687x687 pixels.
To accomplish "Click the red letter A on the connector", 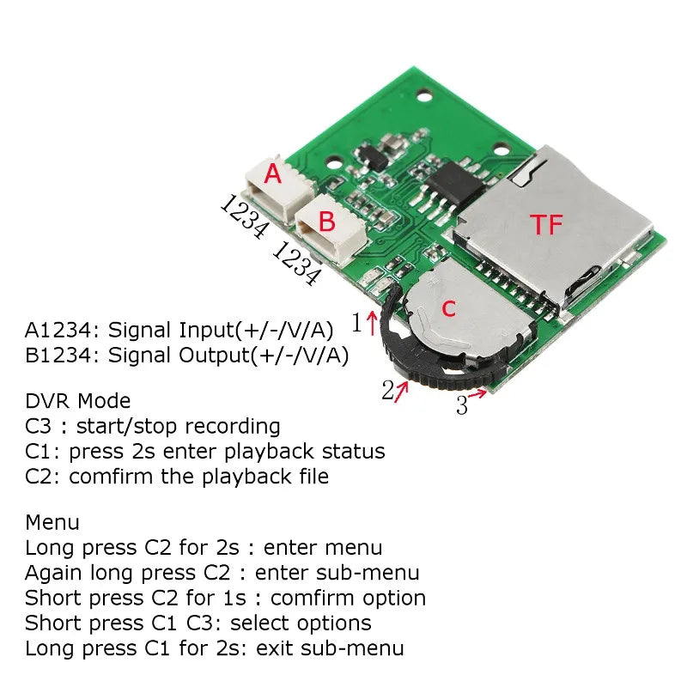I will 273,174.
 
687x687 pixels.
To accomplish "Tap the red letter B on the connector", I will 326,222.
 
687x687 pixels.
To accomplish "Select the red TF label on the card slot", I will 547,225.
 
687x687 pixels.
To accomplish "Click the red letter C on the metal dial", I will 448,309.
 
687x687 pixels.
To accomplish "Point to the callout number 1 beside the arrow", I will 357,323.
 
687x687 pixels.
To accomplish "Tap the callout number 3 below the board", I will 462,404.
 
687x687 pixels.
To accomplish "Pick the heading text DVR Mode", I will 78,401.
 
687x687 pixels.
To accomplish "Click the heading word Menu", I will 52,522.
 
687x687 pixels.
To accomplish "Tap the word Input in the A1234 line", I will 206,330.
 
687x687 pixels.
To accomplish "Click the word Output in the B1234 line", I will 215,356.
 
